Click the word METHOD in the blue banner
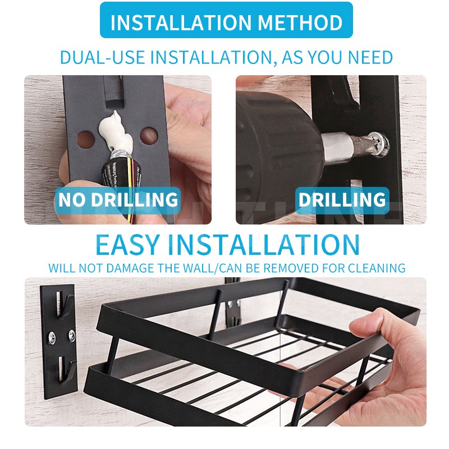pos(300,22)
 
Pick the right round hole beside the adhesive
pos(149,136)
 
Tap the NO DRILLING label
pos(118,199)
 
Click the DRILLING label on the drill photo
pos(342,199)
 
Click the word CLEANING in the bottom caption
pos(377,268)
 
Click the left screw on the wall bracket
pos(52,338)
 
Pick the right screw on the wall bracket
pos(72,336)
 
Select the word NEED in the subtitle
pos(370,57)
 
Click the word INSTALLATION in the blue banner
pos(181,22)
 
